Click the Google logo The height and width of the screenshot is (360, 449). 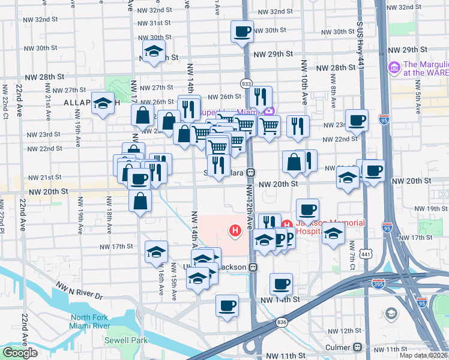20,353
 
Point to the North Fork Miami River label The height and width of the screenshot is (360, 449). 90,322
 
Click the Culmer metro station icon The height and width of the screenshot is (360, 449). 358,347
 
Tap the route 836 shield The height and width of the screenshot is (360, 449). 282,322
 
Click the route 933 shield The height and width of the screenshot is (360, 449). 246,83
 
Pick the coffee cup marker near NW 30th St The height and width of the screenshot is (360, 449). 242,31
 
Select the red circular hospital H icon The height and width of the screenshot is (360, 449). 236,229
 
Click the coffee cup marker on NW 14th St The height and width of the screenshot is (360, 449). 227,305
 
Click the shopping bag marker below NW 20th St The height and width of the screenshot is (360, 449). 140,202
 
